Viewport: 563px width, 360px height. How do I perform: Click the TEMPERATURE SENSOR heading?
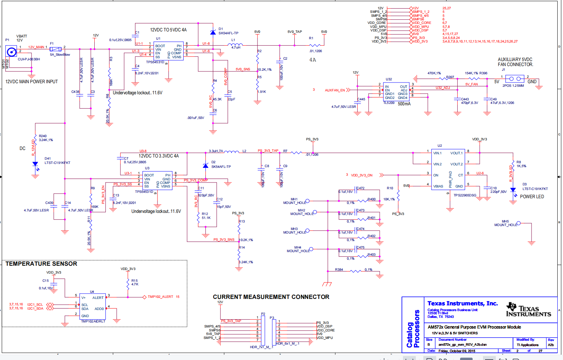(x=41, y=264)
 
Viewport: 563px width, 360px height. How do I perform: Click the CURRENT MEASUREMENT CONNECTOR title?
(x=271, y=297)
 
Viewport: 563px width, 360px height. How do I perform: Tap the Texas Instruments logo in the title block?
(x=528, y=310)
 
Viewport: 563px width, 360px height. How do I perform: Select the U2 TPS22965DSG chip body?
(x=448, y=169)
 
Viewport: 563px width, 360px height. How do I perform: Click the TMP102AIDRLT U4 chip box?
(x=92, y=306)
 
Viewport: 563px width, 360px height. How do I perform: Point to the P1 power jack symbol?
(x=11, y=52)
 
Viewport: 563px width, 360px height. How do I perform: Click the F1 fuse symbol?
(x=55, y=49)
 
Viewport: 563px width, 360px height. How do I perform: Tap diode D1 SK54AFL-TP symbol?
(x=213, y=33)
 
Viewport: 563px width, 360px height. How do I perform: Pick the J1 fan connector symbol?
(x=515, y=79)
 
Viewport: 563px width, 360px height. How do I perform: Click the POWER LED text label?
(x=532, y=197)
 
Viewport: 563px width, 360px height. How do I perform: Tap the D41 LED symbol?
(x=35, y=164)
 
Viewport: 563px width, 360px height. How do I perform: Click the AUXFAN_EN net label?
(x=335, y=90)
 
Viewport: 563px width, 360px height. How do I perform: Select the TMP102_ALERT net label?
(x=160, y=297)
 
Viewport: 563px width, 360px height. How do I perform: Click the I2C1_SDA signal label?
(x=35, y=309)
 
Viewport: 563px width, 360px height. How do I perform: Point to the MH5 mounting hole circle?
(x=518, y=223)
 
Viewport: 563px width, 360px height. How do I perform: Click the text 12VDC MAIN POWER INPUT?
(x=31, y=82)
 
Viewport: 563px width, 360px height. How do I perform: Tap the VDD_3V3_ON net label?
(x=362, y=175)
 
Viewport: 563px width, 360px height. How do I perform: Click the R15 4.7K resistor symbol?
(x=128, y=284)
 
